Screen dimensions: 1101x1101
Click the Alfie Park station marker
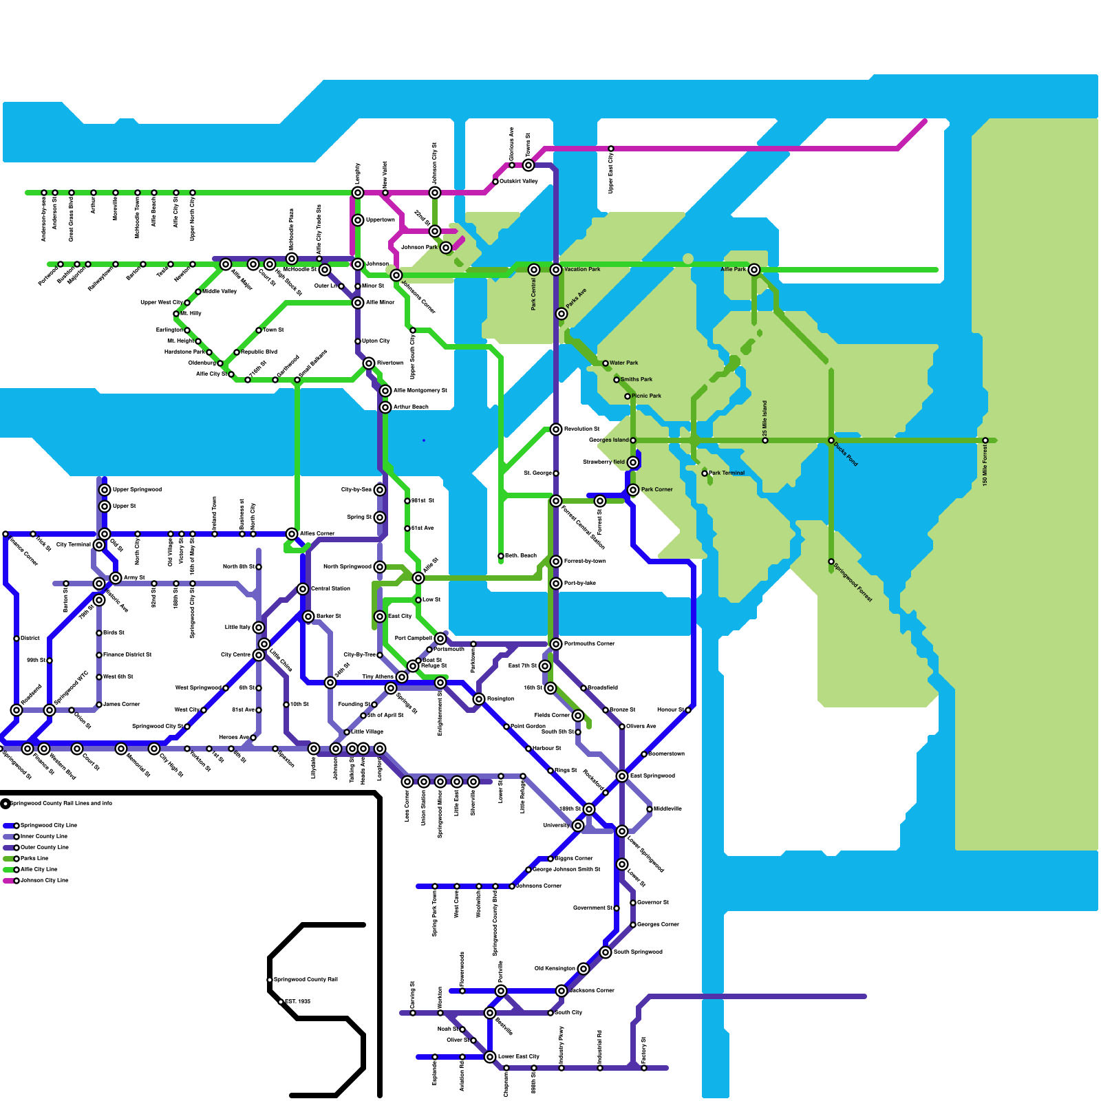(754, 270)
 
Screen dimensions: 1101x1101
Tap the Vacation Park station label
(582, 269)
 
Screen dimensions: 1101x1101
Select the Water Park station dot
(606, 363)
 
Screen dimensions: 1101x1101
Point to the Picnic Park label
(646, 396)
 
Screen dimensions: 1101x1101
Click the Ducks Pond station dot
(831, 440)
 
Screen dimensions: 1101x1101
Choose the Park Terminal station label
(727, 473)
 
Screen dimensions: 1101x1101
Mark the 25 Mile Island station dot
(765, 440)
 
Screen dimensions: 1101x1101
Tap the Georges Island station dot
(633, 440)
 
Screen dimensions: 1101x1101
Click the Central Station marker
(303, 589)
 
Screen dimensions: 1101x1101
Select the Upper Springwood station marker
(105, 490)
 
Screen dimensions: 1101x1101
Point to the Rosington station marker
(479, 699)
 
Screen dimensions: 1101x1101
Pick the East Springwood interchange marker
(622, 776)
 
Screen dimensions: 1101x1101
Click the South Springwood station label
(638, 952)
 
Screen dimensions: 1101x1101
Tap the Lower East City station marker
(490, 1057)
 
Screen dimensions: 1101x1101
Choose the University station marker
(578, 826)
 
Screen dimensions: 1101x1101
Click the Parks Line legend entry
(34, 858)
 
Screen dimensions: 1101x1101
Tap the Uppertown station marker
(358, 220)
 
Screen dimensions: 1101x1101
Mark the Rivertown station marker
(369, 363)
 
